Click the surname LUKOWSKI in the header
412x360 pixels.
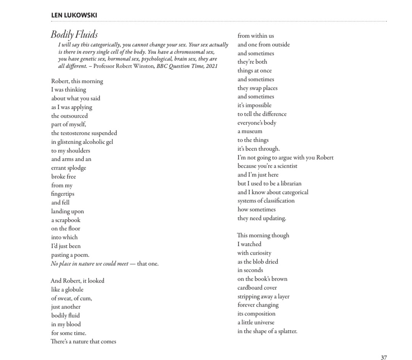point(81,15)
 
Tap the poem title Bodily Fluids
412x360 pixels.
point(74,35)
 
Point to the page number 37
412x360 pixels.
point(384,357)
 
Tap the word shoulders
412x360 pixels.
point(78,150)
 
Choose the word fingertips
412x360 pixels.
point(63,194)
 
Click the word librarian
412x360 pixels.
point(288,183)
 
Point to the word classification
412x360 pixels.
point(276,201)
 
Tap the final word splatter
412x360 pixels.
point(285,331)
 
